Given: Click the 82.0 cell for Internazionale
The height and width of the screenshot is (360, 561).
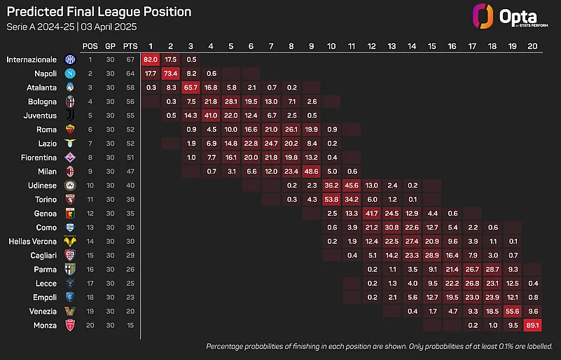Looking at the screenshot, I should [x=151, y=60].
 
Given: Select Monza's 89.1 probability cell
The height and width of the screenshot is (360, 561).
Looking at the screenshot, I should [x=532, y=325].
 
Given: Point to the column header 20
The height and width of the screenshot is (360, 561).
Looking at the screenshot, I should [x=532, y=46].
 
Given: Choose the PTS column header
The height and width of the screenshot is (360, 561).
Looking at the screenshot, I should [x=130, y=46].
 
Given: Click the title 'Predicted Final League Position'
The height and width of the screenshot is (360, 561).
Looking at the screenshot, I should [x=99, y=12].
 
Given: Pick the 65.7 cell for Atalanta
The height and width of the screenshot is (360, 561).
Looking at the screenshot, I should [x=191, y=88].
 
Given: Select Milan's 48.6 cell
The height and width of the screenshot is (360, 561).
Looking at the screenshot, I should [x=312, y=171].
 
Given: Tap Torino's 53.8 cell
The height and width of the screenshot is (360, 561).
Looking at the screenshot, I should [x=332, y=199].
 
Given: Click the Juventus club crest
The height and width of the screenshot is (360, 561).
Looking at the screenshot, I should [x=69, y=116].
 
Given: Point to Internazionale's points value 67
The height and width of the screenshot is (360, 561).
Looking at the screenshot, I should [x=130, y=60].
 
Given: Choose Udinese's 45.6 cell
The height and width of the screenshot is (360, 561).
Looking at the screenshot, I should [x=352, y=185].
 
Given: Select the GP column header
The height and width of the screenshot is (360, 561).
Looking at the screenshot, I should [x=111, y=46].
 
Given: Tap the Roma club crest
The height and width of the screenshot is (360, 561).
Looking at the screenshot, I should [x=69, y=130].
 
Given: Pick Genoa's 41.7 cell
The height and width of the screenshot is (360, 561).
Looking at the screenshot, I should [x=372, y=213].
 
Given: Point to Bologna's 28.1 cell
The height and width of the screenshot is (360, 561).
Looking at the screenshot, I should [x=231, y=102].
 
